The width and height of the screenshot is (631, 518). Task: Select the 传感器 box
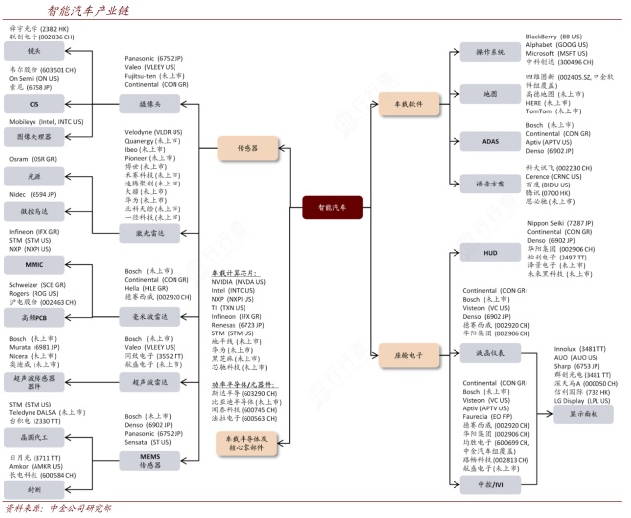[246, 149]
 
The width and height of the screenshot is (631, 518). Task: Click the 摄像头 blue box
[150, 101]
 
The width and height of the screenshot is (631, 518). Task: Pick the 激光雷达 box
[150, 234]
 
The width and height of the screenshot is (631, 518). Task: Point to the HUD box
[490, 252]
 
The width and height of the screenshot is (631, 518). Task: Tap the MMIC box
[35, 264]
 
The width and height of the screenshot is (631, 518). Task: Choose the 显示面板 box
[589, 413]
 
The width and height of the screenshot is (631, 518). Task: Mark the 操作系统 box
[490, 50]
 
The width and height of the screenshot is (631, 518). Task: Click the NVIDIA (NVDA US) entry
[240, 281]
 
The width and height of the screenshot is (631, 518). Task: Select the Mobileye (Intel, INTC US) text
[45, 122]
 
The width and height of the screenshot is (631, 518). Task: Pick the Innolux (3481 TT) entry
[579, 349]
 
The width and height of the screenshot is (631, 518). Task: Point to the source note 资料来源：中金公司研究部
[58, 509]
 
